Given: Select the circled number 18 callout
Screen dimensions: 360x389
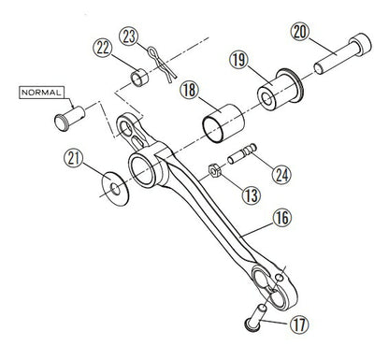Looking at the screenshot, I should tap(191, 91).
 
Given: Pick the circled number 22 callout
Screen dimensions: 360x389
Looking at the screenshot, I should tap(103, 49).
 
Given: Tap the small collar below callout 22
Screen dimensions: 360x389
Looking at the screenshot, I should tap(137, 74).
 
